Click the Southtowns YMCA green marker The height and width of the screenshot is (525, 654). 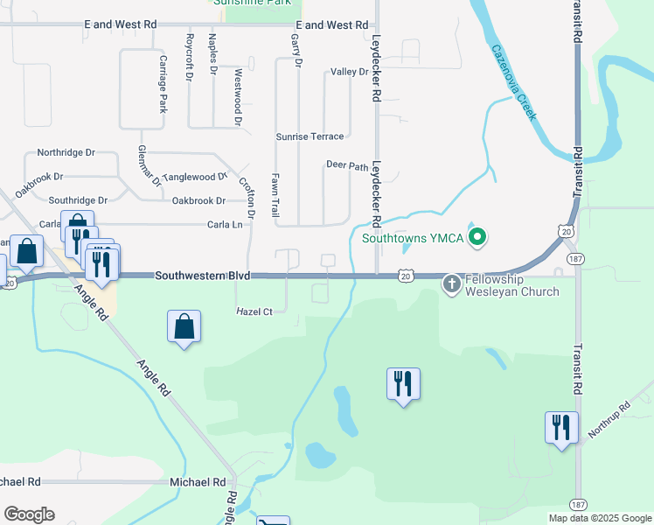coord(477,236)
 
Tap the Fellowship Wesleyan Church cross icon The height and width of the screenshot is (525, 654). coord(451,283)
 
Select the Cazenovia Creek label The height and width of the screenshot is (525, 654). coord(513,84)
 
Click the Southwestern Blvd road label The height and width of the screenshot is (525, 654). coord(203,276)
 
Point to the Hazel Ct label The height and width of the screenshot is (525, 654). coord(254,311)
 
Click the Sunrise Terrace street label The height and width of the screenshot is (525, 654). coord(310,136)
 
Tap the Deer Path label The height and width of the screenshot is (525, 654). coord(347,164)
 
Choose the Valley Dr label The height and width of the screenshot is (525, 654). coord(350,72)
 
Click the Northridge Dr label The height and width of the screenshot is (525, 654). coord(66,152)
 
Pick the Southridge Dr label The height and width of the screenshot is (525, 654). coord(78,200)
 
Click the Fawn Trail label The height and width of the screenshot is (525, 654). coord(275,194)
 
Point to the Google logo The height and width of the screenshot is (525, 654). coord(29,514)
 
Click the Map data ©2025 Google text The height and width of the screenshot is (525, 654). coord(599,518)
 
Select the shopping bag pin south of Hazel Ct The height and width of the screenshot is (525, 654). coord(184,328)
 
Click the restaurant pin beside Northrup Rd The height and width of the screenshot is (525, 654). coord(560,428)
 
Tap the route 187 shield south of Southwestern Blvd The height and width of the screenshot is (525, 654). coord(577,260)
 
